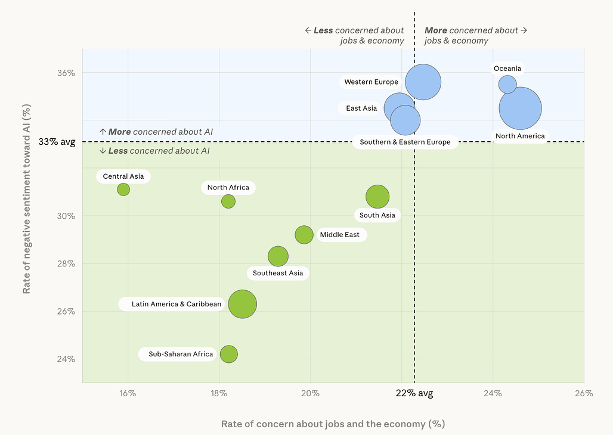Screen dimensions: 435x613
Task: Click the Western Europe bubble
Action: (423, 82)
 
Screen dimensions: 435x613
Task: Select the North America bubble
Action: (520, 108)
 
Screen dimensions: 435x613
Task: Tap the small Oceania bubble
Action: (507, 85)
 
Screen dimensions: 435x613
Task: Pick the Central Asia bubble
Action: (123, 189)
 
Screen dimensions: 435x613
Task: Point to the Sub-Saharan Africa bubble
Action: (228, 354)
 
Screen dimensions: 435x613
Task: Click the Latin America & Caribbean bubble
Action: (242, 304)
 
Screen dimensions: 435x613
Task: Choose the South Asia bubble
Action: (377, 197)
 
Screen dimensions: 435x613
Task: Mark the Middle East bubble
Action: (304, 235)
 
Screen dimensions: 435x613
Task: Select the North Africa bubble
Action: (228, 201)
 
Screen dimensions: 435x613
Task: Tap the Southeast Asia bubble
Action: (278, 256)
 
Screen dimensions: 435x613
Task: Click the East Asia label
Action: (361, 108)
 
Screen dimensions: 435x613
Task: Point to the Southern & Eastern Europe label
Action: (405, 142)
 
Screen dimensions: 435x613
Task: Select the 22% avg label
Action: (414, 393)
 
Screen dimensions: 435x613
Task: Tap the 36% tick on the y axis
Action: (66, 73)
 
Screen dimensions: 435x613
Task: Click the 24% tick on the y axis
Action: (66, 359)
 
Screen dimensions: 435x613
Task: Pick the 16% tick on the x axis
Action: (128, 393)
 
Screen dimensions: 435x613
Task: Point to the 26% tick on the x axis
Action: (583, 393)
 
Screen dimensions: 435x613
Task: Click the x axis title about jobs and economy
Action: (333, 424)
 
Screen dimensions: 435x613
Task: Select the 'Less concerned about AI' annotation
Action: (154, 151)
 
